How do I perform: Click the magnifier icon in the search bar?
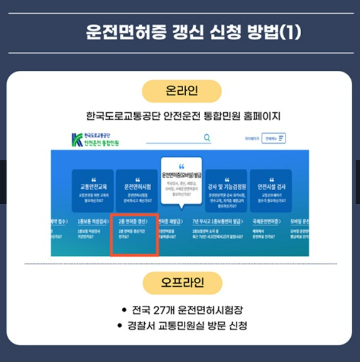click(207, 138)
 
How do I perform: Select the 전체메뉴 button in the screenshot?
click(273, 138)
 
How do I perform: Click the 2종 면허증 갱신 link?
click(133, 222)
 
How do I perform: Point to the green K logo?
click(77, 140)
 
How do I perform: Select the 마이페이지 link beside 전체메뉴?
click(251, 138)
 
